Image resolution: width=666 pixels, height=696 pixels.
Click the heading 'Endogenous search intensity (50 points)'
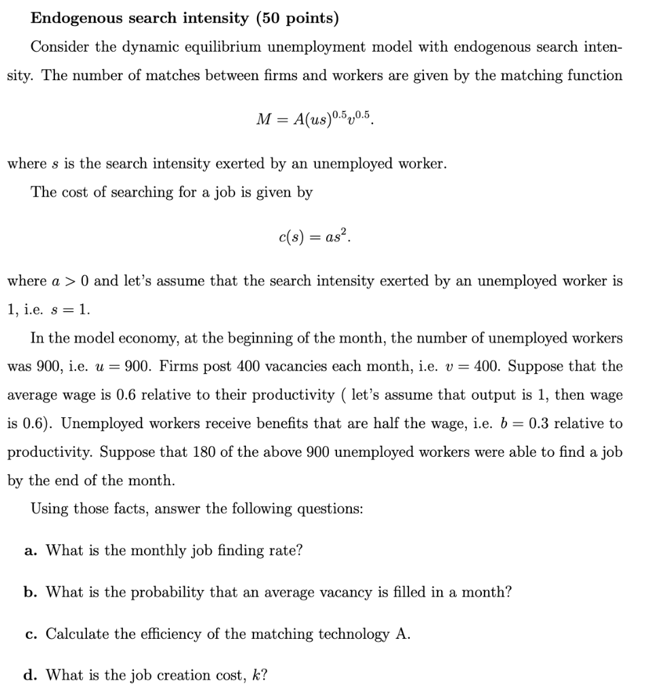click(184, 18)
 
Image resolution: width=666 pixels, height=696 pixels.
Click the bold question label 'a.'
click(30, 551)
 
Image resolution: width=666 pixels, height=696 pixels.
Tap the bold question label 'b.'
click(30, 592)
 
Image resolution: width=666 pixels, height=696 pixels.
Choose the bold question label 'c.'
click(30, 634)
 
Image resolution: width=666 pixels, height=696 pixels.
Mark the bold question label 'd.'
click(30, 676)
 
